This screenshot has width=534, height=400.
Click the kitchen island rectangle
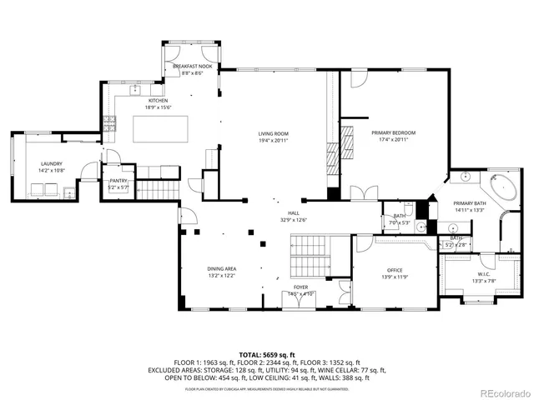[x=161, y=128]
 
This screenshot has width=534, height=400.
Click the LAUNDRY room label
[x=50, y=164]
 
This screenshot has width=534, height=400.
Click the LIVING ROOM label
[x=272, y=133]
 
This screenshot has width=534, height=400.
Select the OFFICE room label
[x=394, y=271]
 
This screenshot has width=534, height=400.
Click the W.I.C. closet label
[x=484, y=273]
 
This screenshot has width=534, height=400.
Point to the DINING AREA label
[x=221, y=268]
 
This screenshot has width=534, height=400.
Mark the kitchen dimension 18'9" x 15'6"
[x=158, y=107]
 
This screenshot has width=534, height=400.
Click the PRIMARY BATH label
[x=469, y=203]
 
